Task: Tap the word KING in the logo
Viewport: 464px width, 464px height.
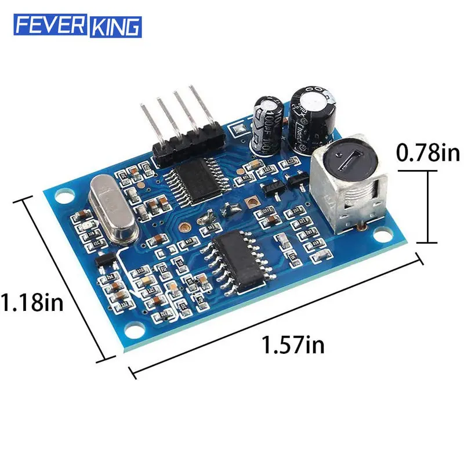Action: click(x=114, y=26)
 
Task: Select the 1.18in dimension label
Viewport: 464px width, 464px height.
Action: click(x=31, y=303)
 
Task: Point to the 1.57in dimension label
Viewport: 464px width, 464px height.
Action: click(x=293, y=346)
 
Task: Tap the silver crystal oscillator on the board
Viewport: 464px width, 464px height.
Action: click(x=113, y=209)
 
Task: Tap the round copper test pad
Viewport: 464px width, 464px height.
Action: click(x=183, y=229)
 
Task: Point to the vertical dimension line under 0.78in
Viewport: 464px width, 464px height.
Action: click(x=428, y=206)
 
